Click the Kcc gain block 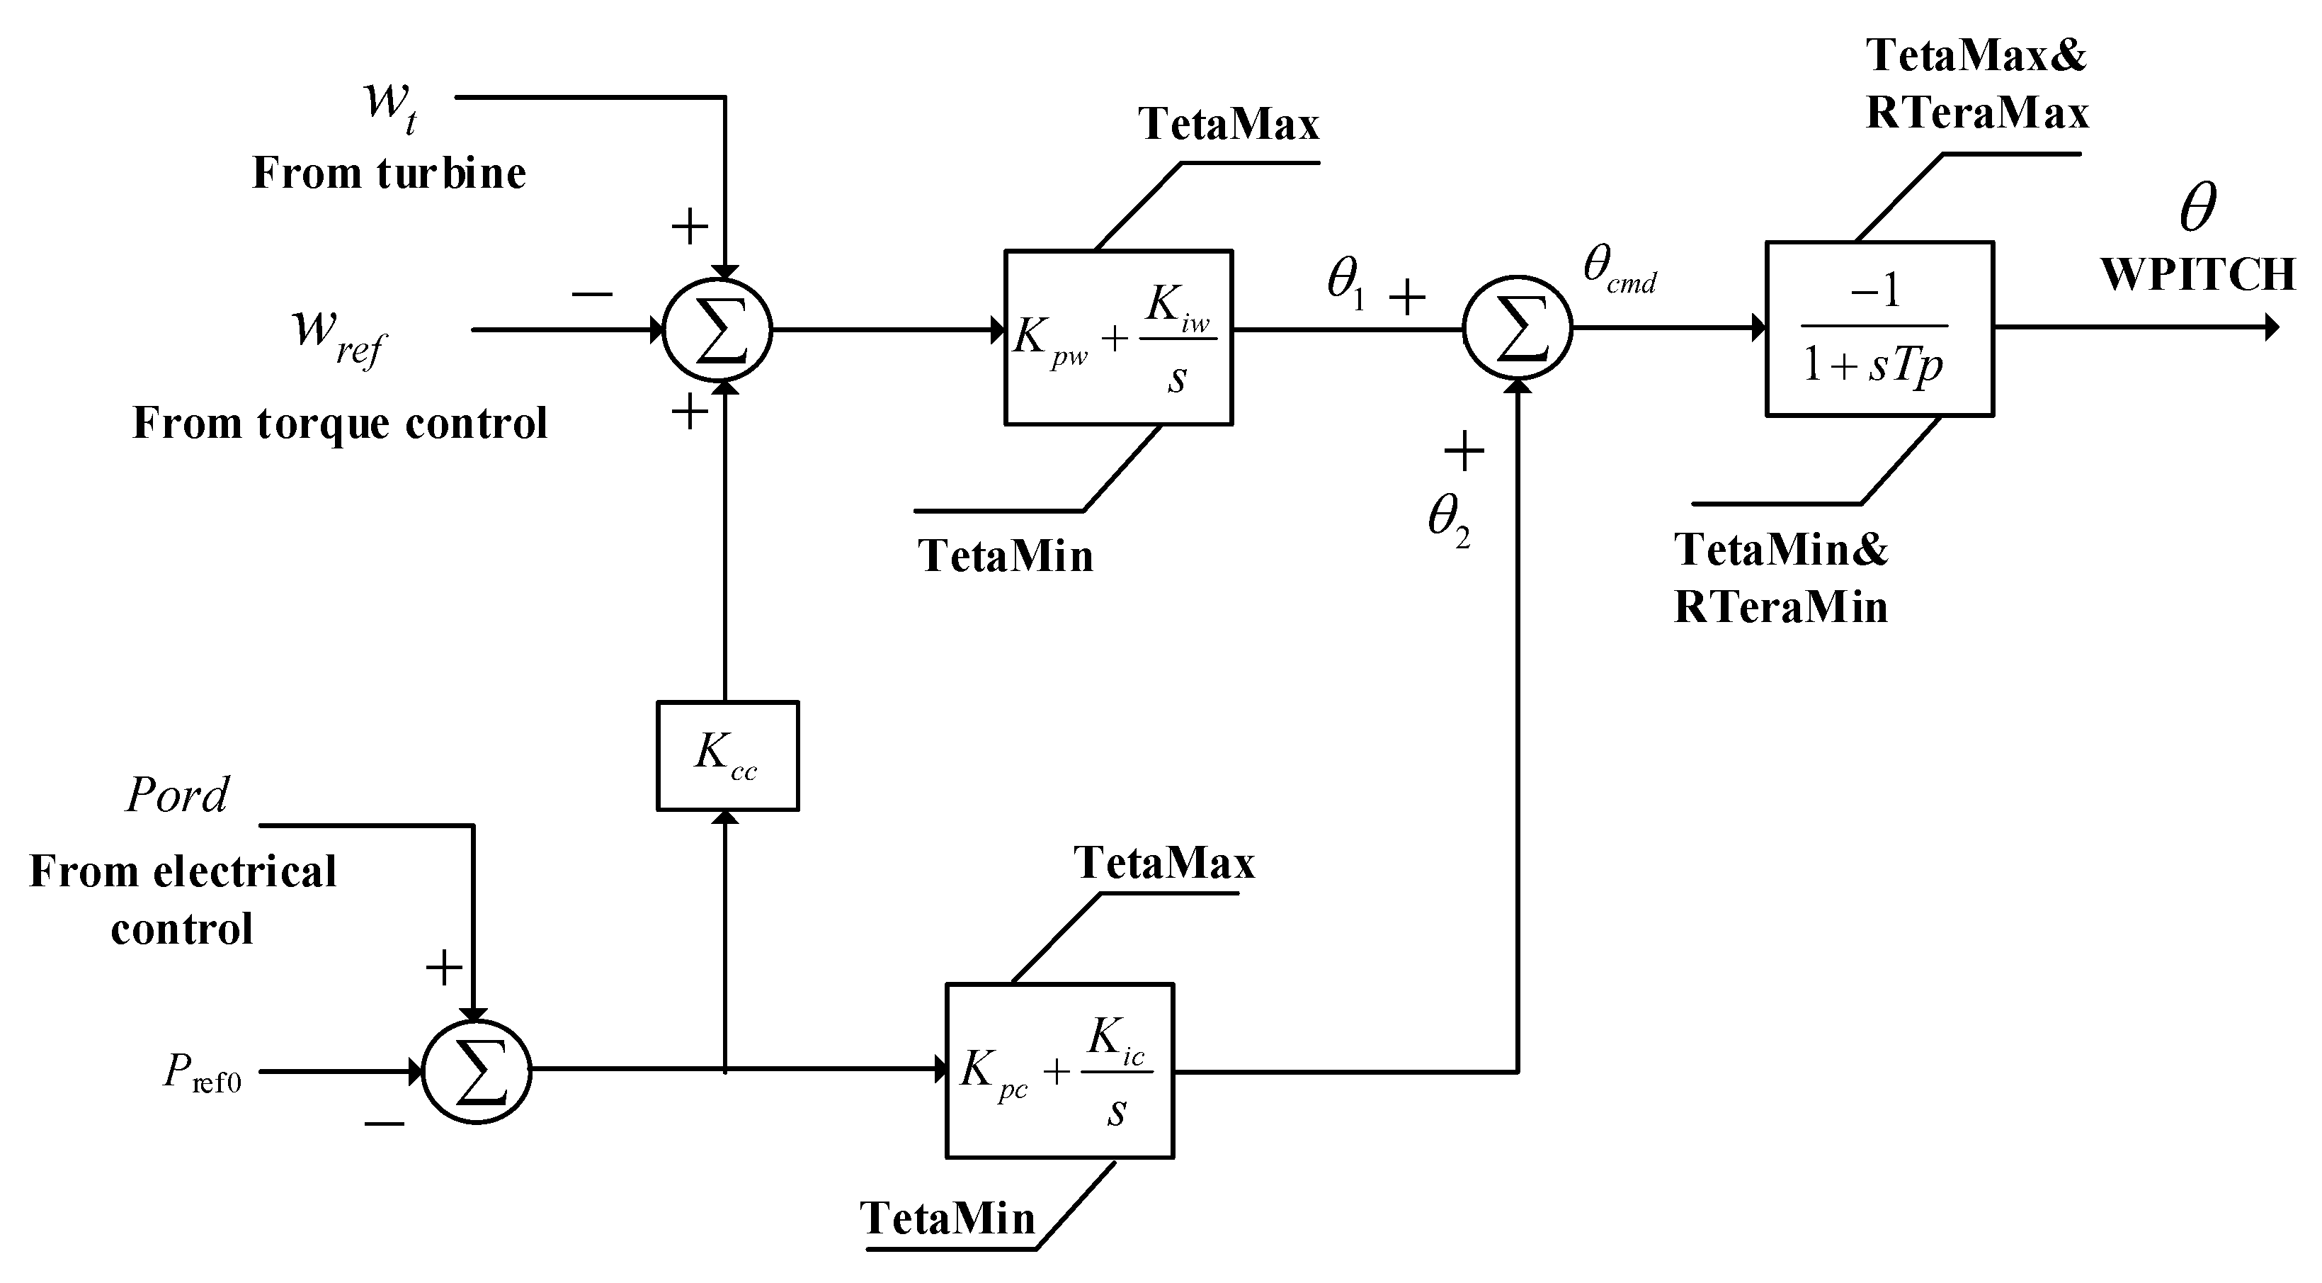[727, 755]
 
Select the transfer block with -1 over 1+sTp [1879, 329]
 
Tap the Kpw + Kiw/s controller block [1117, 337]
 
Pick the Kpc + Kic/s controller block [1059, 1070]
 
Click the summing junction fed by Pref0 [477, 1070]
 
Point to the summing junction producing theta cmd [1517, 330]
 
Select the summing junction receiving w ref [717, 330]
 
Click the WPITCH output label [2197, 275]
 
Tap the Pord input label [178, 794]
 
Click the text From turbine [389, 173]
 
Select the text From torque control [340, 423]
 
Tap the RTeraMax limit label [1976, 113]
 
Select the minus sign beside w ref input [592, 294]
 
